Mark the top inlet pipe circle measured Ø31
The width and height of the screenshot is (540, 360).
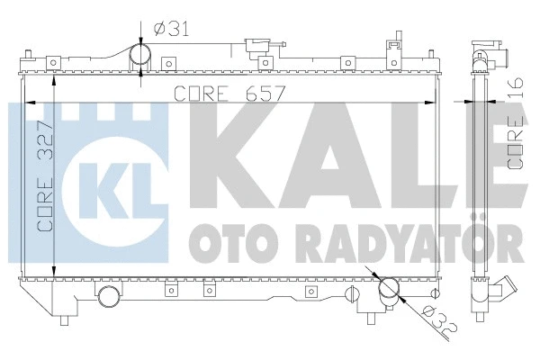[141, 58]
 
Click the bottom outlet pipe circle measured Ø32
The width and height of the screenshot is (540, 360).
[388, 290]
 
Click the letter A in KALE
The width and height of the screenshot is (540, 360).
[319, 149]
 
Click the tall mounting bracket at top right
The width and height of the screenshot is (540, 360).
[391, 49]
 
